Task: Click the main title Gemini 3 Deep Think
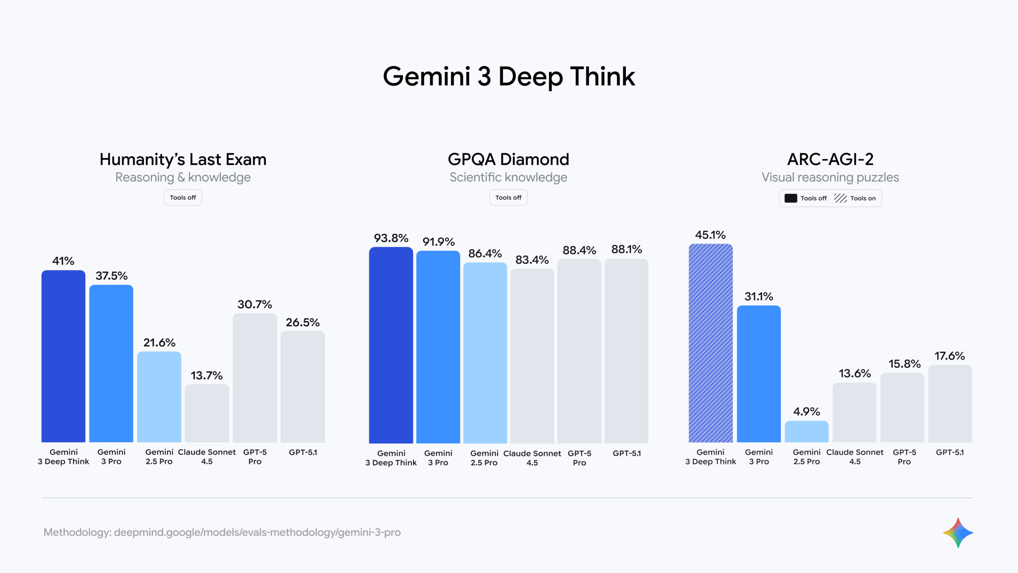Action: tap(509, 76)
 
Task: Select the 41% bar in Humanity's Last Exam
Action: tap(63, 356)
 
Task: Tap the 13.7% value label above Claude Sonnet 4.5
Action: tap(206, 375)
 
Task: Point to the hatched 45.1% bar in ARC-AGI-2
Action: tap(710, 343)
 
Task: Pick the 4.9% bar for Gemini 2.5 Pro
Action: tap(806, 432)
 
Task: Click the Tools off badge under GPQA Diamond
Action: tap(508, 198)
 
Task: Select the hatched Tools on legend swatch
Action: tap(840, 198)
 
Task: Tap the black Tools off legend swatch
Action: tap(791, 198)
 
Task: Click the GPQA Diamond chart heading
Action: tap(508, 159)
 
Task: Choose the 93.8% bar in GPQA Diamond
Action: tap(391, 345)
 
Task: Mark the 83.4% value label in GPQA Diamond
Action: tap(532, 260)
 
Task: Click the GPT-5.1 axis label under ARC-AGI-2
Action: tap(950, 452)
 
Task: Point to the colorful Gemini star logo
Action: tap(958, 533)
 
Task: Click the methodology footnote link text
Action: tap(222, 532)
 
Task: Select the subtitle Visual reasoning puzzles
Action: tap(830, 177)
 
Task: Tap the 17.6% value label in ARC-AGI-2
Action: tap(949, 356)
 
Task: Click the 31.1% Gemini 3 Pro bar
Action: tap(758, 374)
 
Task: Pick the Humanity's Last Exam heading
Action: tap(183, 159)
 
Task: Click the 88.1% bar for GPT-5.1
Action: tap(626, 351)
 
